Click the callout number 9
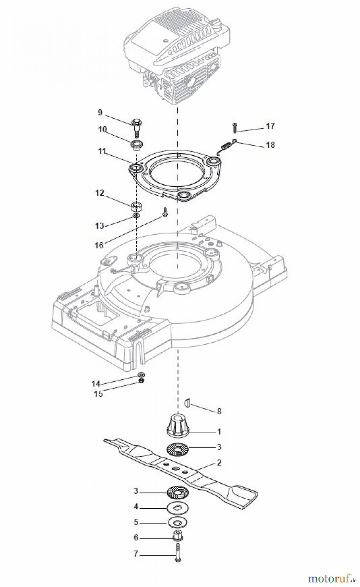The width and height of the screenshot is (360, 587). point(100,113)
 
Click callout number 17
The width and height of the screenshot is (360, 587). point(270,126)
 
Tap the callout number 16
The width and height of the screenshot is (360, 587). point(99,245)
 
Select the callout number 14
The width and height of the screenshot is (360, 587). point(96,384)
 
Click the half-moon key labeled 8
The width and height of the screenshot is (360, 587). point(187,402)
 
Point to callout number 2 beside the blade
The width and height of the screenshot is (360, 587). point(219,462)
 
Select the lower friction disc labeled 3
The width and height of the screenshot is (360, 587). point(178,492)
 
